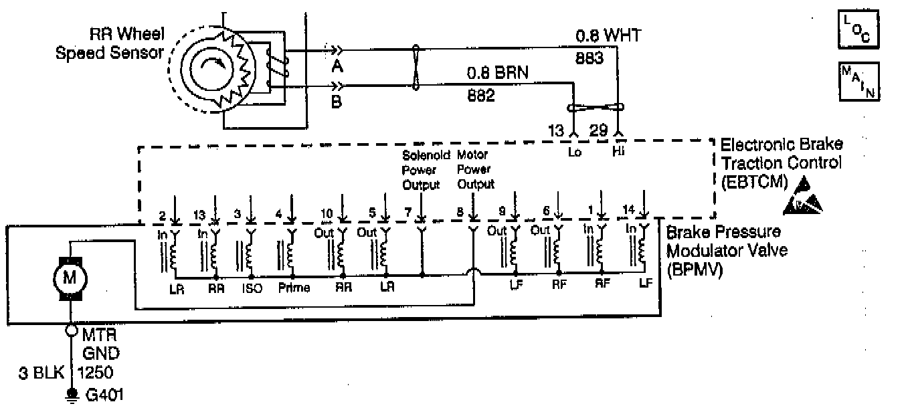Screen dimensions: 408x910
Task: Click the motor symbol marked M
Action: click(x=70, y=276)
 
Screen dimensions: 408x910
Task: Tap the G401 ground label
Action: click(x=104, y=395)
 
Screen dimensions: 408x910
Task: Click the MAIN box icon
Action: click(x=859, y=82)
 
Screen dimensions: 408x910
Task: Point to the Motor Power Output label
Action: click(x=475, y=170)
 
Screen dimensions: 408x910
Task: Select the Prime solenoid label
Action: click(x=292, y=290)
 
